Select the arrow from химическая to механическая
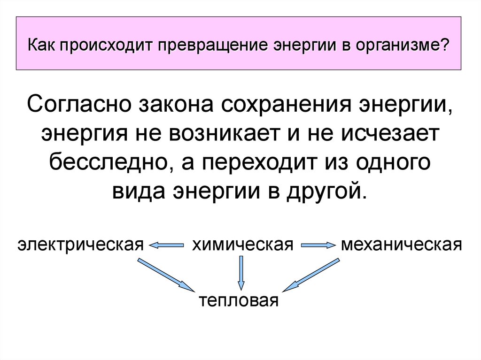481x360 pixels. point(318,245)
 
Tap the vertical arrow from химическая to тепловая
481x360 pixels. point(241,272)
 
